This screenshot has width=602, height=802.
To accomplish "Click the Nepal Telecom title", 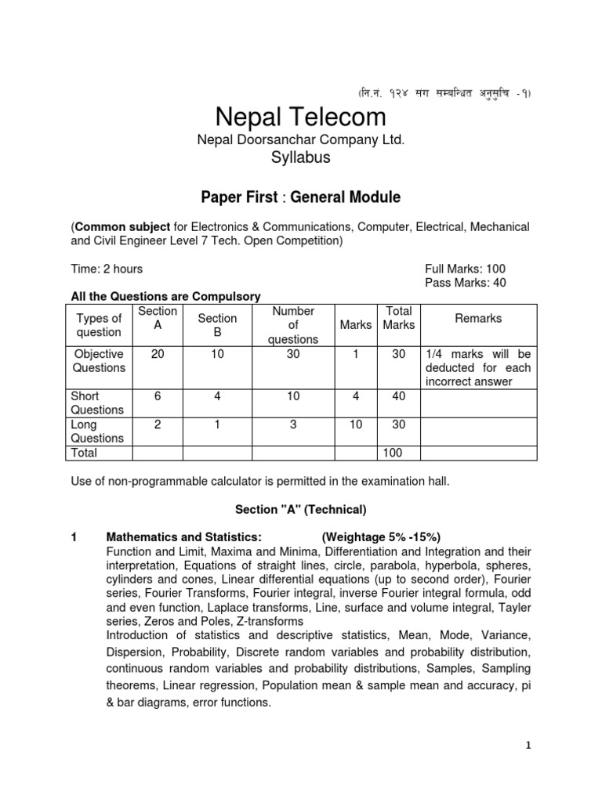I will tap(301, 117).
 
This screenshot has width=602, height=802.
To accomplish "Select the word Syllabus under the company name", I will tap(301, 157).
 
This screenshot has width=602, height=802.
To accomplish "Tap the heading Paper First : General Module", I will tap(301, 196).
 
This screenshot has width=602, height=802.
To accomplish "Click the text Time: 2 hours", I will tap(107, 269).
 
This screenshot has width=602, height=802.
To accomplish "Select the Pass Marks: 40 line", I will tap(465, 283).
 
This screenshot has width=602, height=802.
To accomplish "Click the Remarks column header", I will tap(478, 318).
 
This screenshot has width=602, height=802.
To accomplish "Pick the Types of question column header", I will tap(99, 325).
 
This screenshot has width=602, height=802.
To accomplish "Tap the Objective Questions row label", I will tap(99, 361).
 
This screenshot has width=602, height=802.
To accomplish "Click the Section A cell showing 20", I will tap(158, 354).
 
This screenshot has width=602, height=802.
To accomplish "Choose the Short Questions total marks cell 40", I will tap(399, 396).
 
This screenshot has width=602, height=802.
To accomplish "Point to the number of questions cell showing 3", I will tap(293, 424).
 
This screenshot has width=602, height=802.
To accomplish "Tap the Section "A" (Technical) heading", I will tap(301, 510).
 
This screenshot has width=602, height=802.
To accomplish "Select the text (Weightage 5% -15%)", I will tap(381, 536).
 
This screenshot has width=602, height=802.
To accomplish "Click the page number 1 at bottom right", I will tap(528, 746).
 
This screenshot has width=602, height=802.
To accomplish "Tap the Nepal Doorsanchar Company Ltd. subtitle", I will tap(301, 139).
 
